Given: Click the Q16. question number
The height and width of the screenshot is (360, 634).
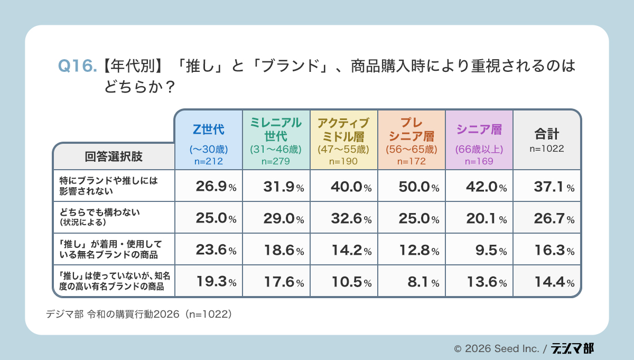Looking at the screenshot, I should click(77, 67).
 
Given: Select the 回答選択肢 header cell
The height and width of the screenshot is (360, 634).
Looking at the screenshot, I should click(114, 156).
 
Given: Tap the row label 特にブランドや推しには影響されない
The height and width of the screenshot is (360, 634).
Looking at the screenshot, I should click(108, 186).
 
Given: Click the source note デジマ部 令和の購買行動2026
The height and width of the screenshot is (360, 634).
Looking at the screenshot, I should click(139, 314).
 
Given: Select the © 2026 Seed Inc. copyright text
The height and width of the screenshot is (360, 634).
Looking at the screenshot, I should click(497, 349).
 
